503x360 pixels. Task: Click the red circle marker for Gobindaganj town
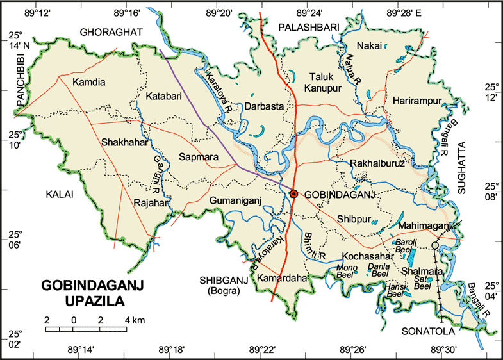pyautogui.click(x=293, y=193)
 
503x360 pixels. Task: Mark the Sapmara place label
pyautogui.click(x=199, y=156)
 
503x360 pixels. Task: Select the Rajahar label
pyautogui.click(x=151, y=204)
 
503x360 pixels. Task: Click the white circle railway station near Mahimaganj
pyautogui.click(x=436, y=245)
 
